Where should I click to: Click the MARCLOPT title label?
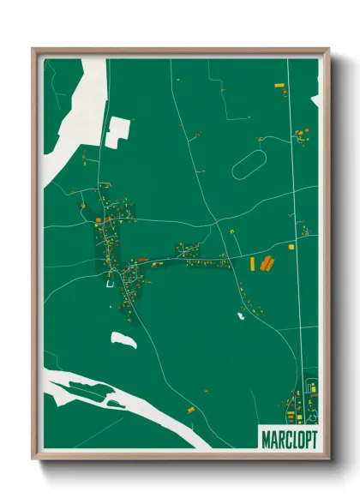click(x=286, y=439)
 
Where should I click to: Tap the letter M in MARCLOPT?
click(x=263, y=439)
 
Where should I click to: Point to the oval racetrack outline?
click(x=249, y=165)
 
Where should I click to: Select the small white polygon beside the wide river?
click(x=117, y=131)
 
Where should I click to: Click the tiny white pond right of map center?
click(x=241, y=315)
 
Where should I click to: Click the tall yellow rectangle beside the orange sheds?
click(x=253, y=264)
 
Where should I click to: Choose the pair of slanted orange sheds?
click(x=267, y=263)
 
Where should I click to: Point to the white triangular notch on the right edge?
click(x=315, y=100)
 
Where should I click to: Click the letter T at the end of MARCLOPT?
click(x=312, y=439)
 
